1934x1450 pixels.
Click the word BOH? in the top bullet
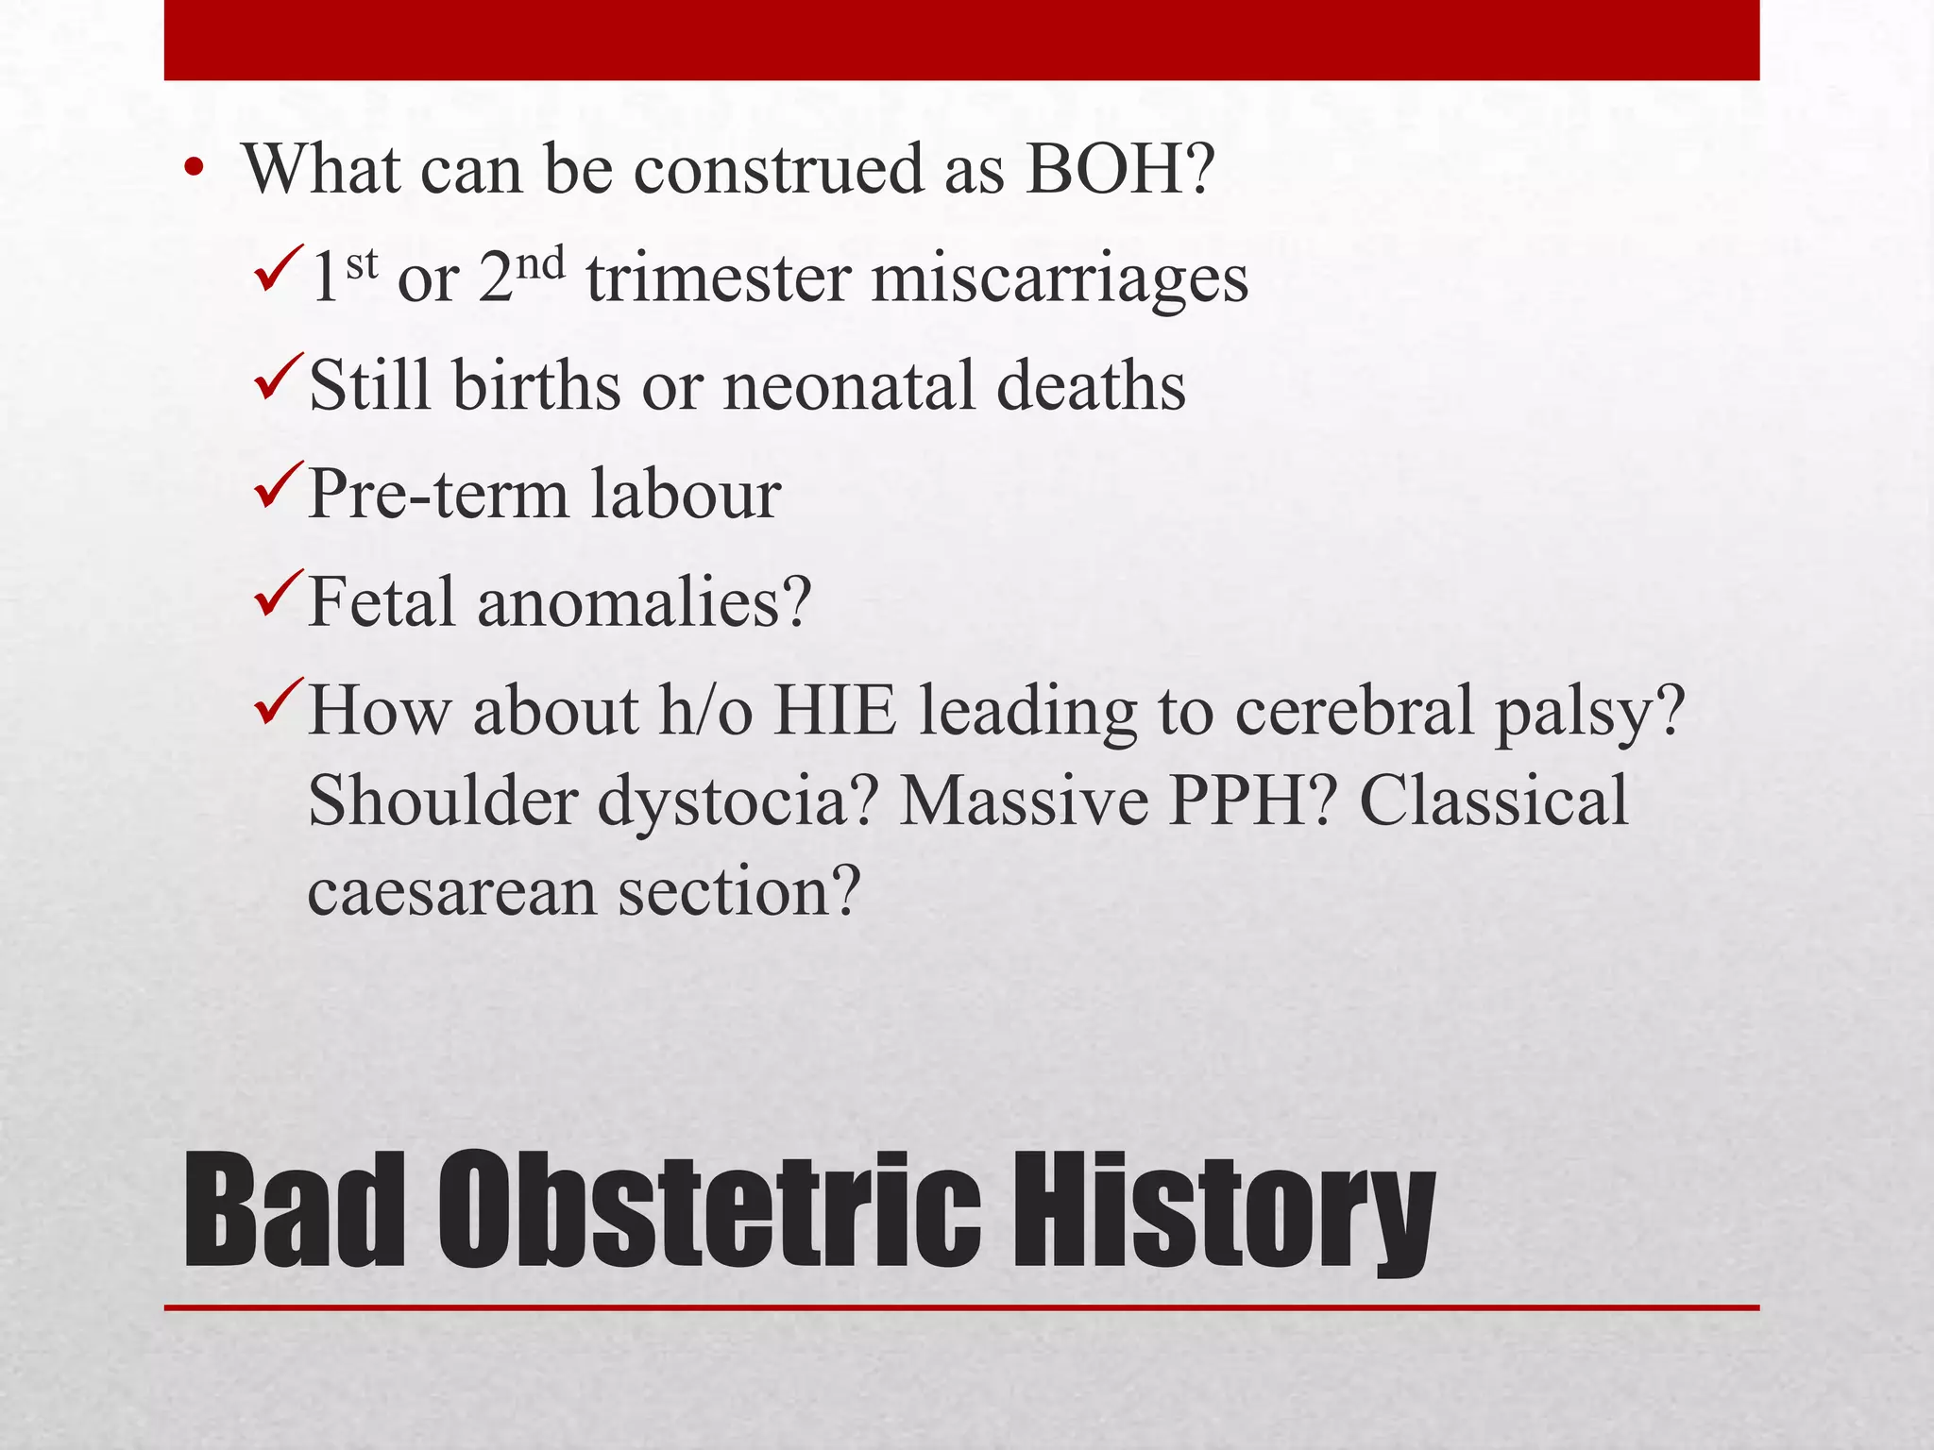point(1119,169)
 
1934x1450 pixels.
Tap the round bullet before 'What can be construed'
point(195,171)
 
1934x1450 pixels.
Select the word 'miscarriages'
point(1059,280)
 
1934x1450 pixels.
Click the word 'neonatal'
point(848,387)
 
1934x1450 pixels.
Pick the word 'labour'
point(687,495)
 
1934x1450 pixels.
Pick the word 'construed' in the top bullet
point(776,170)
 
